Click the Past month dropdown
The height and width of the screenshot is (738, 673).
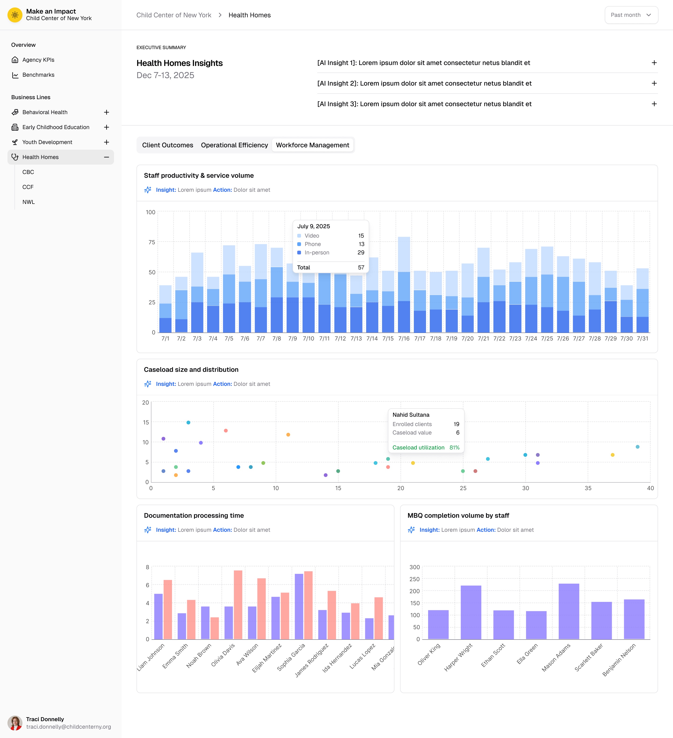pos(631,15)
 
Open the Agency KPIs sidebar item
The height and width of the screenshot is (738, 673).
pos(38,60)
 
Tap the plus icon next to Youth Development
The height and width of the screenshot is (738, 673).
pos(106,142)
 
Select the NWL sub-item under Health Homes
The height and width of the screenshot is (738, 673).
pos(29,202)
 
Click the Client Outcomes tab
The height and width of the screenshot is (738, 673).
pos(168,145)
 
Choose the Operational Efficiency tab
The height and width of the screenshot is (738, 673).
pos(234,145)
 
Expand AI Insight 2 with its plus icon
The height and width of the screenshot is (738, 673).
pos(654,83)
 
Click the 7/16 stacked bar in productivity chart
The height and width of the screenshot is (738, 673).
pos(404,286)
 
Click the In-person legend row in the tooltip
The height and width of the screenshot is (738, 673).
pos(317,253)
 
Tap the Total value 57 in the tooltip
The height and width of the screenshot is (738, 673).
pos(361,268)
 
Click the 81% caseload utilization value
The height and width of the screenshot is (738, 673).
pos(454,447)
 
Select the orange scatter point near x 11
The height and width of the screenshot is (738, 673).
pos(288,434)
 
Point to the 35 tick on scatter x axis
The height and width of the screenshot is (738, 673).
pos(588,488)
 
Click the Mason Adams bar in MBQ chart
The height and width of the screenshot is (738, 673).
pos(569,611)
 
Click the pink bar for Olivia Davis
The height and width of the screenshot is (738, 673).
pos(238,604)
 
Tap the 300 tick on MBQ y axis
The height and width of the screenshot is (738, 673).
pos(414,567)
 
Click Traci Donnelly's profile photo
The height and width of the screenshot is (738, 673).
pos(15,723)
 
